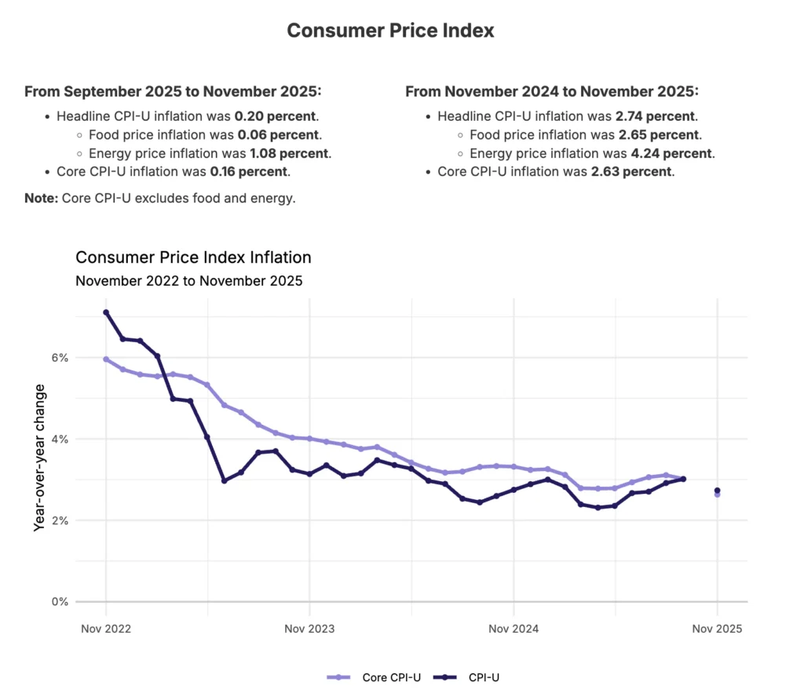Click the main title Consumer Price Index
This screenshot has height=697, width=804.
coord(390,31)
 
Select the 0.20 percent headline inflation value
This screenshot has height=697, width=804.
coord(269,116)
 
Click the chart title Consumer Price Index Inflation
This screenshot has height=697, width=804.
coord(193,257)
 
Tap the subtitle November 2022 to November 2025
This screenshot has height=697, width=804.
coord(188,279)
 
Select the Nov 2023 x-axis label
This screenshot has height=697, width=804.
coord(309,629)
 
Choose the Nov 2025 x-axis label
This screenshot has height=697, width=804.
coord(717,629)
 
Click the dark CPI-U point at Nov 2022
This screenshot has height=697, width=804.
coord(106,312)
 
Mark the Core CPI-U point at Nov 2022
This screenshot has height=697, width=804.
coord(106,359)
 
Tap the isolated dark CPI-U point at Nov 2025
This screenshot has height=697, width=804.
coord(717,491)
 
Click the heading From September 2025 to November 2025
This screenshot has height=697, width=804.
coord(173,92)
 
